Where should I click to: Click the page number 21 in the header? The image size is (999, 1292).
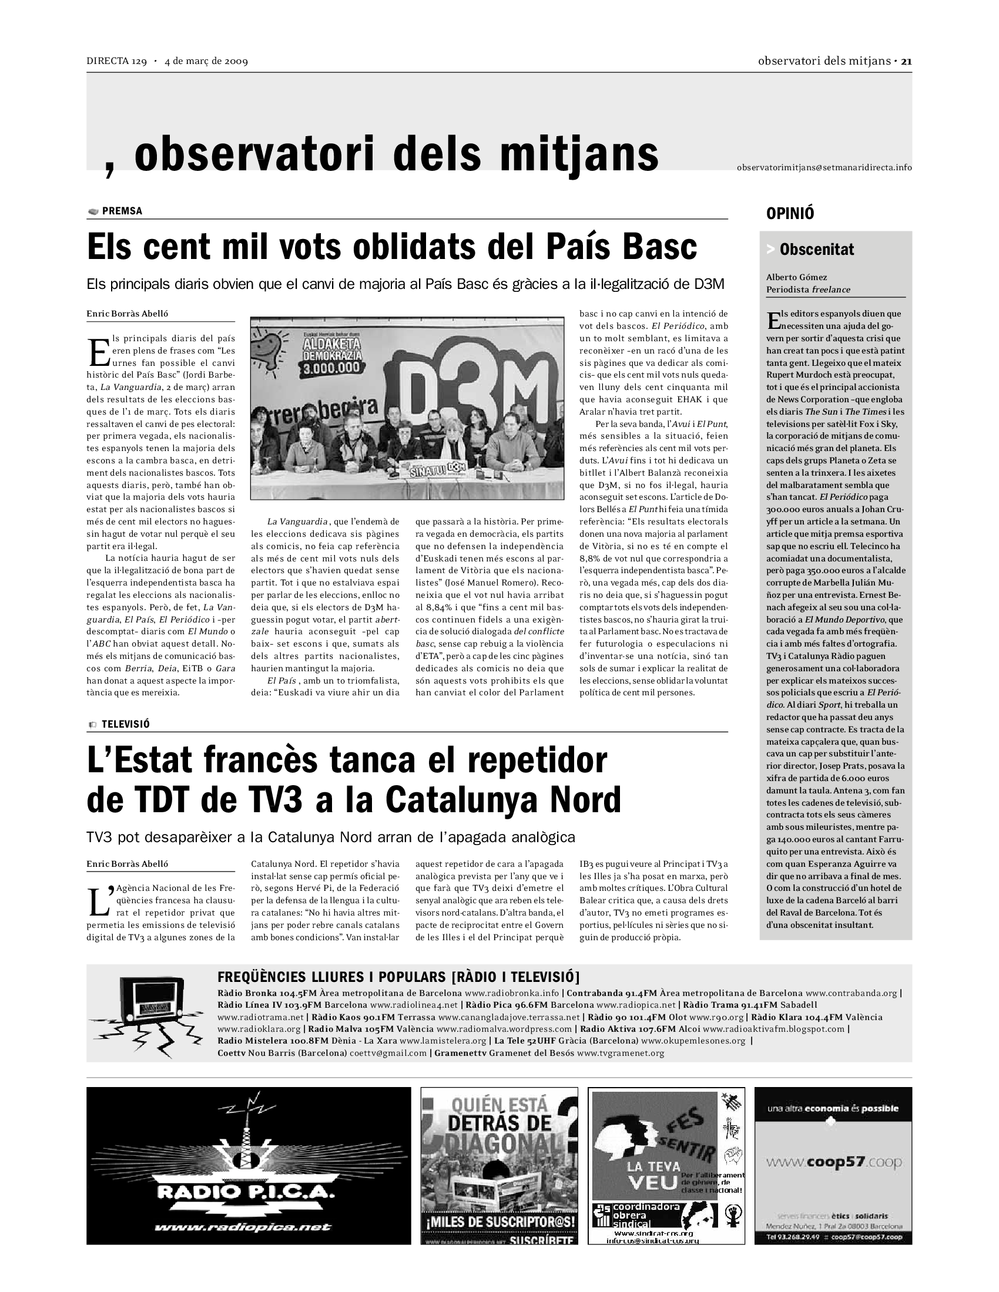click(x=906, y=61)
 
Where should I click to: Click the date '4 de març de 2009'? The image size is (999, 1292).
click(x=206, y=61)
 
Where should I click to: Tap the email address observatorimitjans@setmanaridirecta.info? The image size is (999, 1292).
click(x=824, y=167)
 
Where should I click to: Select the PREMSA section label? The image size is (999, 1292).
click(x=122, y=211)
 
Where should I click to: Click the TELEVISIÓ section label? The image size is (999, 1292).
click(x=126, y=724)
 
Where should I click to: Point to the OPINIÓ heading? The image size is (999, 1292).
click(x=790, y=214)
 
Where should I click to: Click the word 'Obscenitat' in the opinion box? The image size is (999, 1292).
click(x=817, y=250)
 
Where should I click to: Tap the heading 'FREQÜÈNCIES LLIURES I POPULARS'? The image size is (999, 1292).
click(x=331, y=977)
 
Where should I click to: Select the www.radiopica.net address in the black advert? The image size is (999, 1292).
click(x=243, y=1227)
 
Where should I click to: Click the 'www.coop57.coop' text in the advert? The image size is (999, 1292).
click(x=834, y=1162)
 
